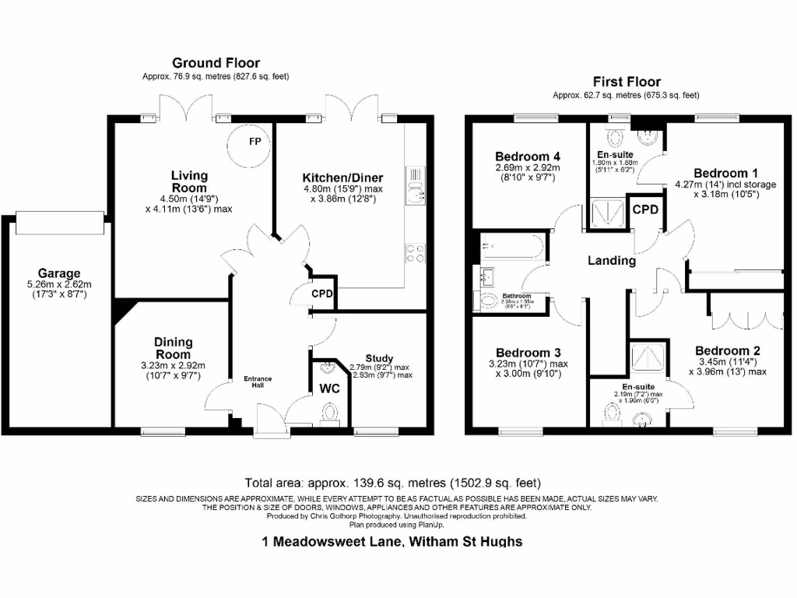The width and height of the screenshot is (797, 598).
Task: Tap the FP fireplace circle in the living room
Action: [x=253, y=142]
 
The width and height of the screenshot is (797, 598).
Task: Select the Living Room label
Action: [x=189, y=181]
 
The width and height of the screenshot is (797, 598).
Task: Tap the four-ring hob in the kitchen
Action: [x=415, y=252]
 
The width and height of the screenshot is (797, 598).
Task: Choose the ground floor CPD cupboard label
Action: [x=322, y=294]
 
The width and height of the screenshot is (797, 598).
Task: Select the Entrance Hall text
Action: [x=258, y=382]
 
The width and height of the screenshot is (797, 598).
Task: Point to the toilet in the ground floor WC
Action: [x=329, y=413]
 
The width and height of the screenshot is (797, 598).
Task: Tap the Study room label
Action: [x=379, y=358]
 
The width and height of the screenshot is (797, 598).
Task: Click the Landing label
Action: [x=611, y=261]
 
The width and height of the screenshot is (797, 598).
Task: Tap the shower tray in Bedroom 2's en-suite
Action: [x=648, y=357]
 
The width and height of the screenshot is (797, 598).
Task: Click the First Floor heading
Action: [x=627, y=81]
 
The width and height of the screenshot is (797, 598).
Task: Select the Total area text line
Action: [x=392, y=483]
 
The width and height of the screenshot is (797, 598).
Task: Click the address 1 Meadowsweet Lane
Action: [x=392, y=541]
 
